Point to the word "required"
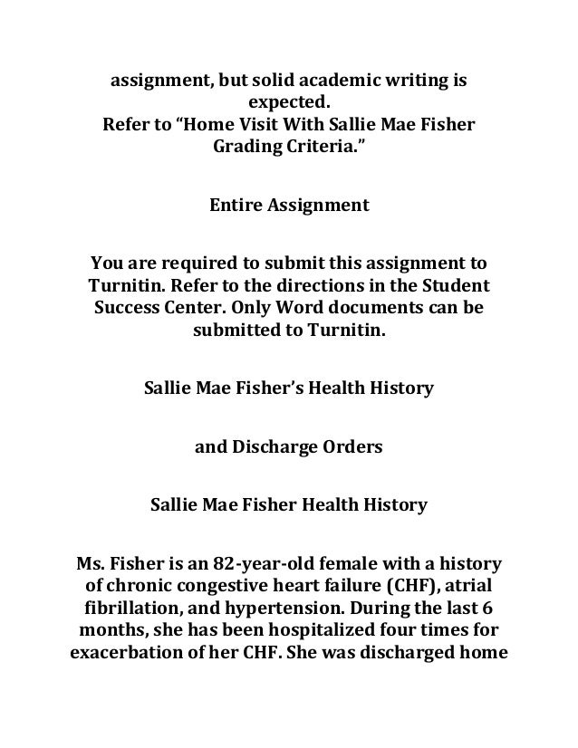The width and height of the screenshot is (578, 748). (x=197, y=264)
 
